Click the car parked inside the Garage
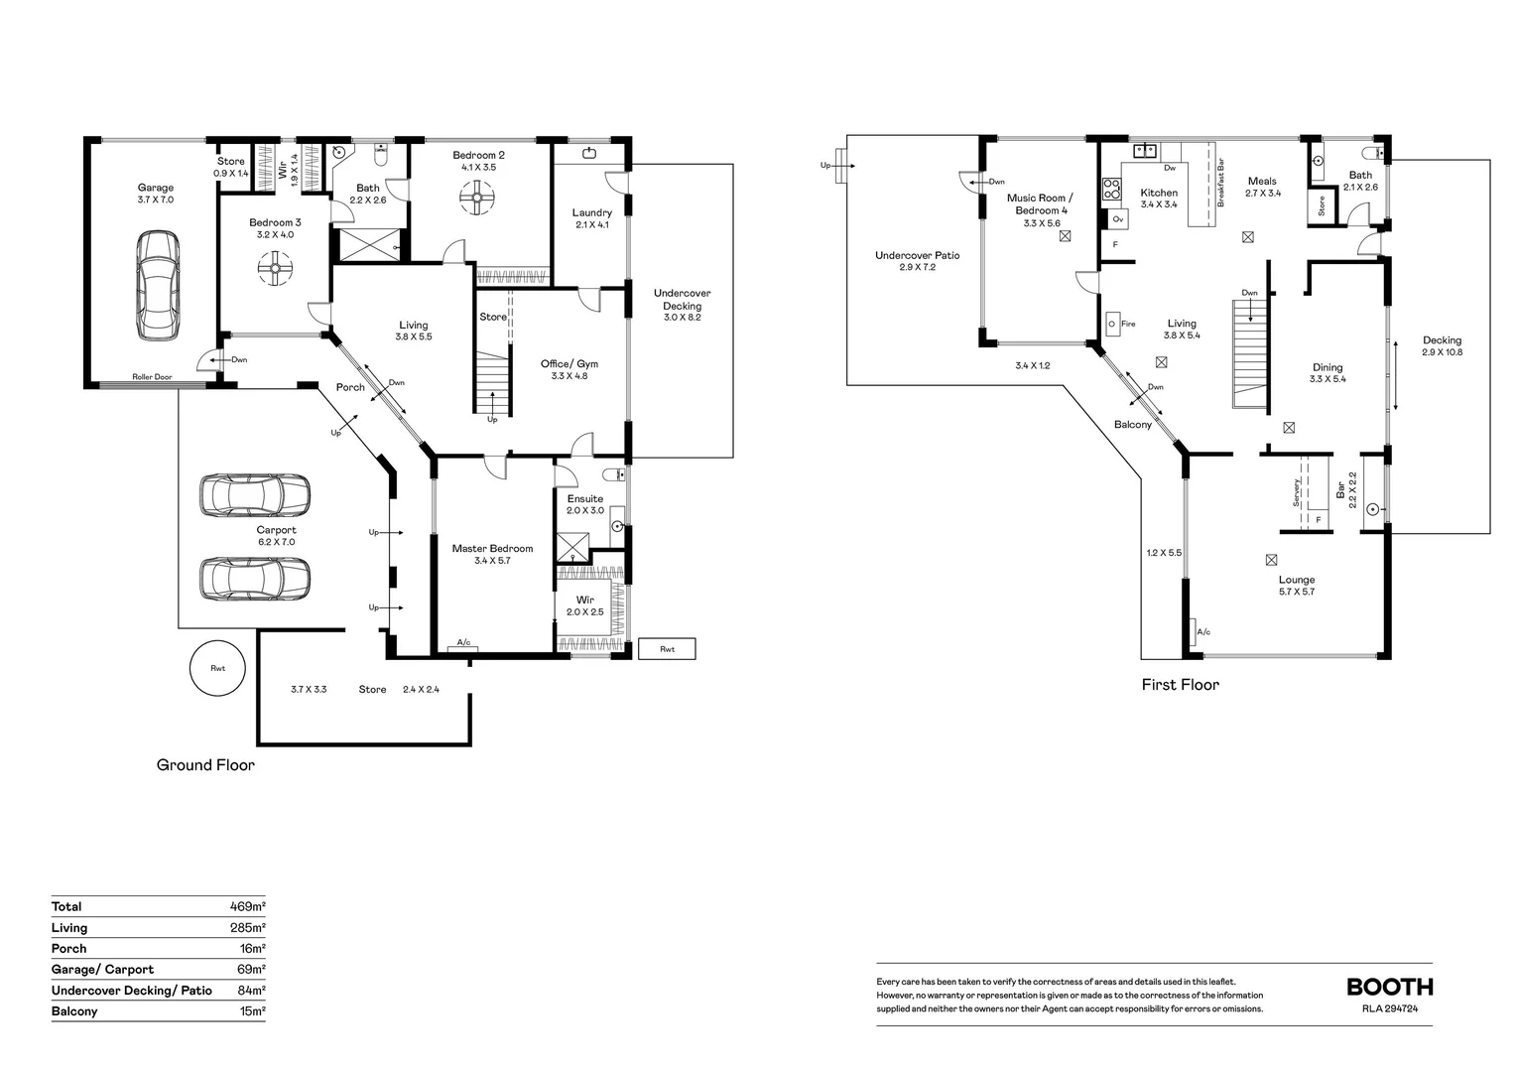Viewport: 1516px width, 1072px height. pos(158,285)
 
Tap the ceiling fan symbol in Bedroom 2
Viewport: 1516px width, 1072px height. pos(477,198)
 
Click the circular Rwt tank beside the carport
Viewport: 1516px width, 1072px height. pos(217,668)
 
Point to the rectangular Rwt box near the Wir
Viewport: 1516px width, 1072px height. pos(668,649)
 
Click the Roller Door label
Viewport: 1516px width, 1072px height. pos(152,377)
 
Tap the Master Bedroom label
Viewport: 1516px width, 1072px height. pos(493,549)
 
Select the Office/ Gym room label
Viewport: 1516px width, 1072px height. pos(569,363)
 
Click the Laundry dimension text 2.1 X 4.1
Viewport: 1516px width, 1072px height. pos(592,225)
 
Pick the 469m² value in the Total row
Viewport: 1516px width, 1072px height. pos(248,907)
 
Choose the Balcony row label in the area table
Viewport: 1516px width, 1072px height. pos(74,1011)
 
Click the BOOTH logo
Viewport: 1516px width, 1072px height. pos(1390,988)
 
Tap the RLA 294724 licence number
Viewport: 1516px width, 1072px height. pos(1390,1008)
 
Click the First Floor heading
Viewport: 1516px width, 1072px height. pos(1181,685)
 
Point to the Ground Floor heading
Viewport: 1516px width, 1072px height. pos(205,765)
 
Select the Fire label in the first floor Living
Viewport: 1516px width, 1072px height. pos(1128,324)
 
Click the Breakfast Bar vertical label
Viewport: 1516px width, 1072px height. pos(1221,183)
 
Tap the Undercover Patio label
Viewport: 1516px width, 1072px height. pos(917,255)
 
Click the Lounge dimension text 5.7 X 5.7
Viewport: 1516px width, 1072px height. pos(1297,592)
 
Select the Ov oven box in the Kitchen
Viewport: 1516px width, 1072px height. pos(1118,219)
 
